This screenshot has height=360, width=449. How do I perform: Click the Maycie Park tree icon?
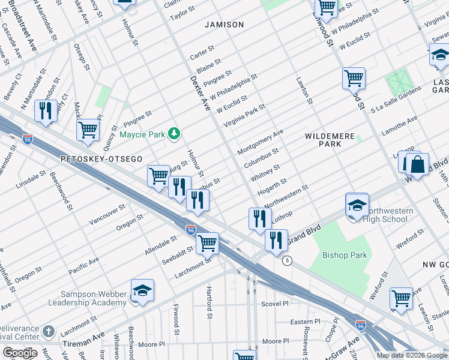pyautogui.click(x=174, y=133)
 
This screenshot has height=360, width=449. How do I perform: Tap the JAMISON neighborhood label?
pyautogui.click(x=224, y=25)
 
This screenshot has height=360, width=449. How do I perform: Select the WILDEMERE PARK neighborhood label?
pyautogui.click(x=330, y=140)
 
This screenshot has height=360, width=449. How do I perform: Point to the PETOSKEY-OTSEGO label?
pyautogui.click(x=101, y=159)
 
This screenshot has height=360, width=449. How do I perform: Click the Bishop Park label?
pyautogui.click(x=345, y=255)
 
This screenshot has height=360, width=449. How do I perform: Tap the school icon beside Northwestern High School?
pyautogui.click(x=357, y=205)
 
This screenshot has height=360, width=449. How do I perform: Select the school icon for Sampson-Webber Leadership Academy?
pyautogui.click(x=143, y=291)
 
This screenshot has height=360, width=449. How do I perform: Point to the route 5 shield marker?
pyautogui.click(x=288, y=260)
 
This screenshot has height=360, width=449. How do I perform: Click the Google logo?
pyautogui.click(x=20, y=353)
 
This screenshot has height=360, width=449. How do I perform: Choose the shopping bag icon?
pyautogui.click(x=417, y=164)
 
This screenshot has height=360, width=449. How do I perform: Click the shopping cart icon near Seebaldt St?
pyautogui.click(x=207, y=243)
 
